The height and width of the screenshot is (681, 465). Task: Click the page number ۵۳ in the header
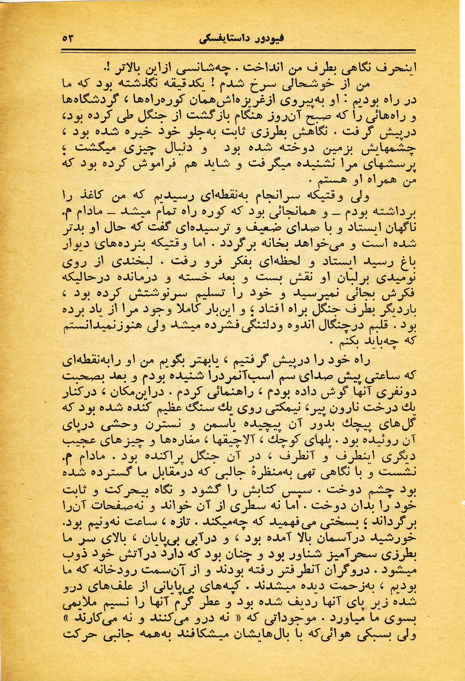(68, 39)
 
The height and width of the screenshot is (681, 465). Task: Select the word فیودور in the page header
(267, 39)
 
